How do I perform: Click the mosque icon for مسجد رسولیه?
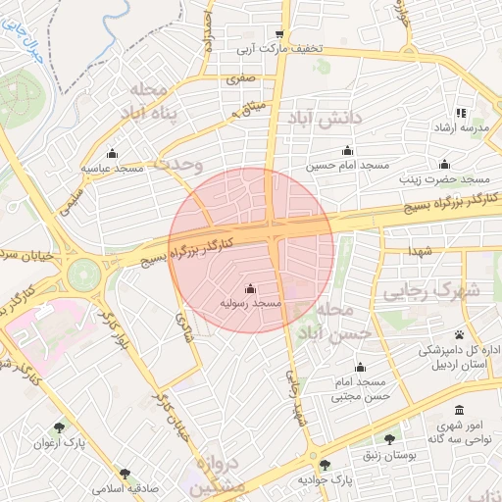pos(250,289)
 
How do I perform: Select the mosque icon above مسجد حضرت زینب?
pos(445,165)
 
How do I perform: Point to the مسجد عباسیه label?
pos(112,169)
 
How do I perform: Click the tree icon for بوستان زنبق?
pos(390,440)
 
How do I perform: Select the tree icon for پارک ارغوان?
pos(60,427)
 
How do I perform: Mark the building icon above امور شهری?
pos(458,410)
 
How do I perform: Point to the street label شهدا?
pos(422,253)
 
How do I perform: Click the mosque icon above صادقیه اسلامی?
pos(124,473)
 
